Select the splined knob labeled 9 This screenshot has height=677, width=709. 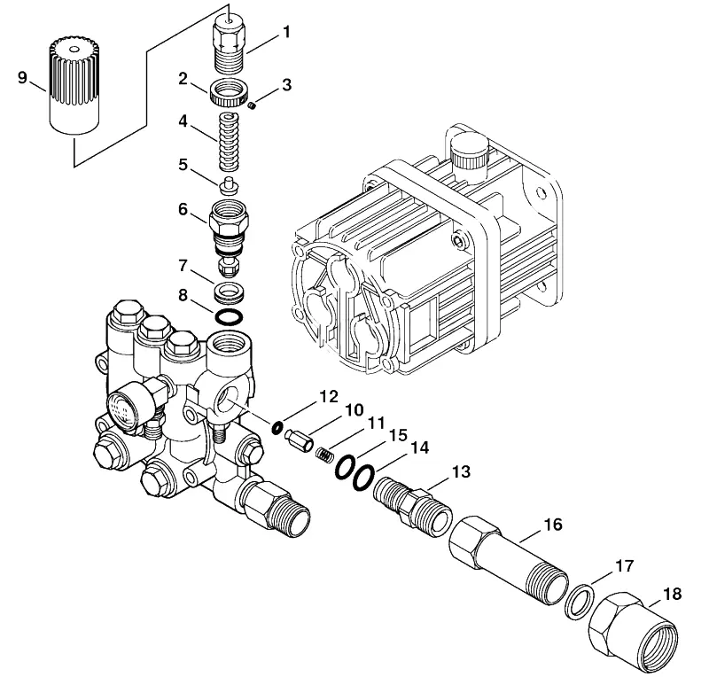click(74, 85)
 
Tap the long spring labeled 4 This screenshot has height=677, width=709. click(230, 142)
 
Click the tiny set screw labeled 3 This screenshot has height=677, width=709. click(253, 105)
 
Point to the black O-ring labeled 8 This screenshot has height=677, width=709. click(229, 318)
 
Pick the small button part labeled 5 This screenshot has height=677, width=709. click(229, 186)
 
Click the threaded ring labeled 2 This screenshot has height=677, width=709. click(230, 93)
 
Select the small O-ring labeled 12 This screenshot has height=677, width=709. click(277, 427)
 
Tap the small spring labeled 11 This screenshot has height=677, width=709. click(323, 455)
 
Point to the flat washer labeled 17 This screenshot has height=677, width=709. click(579, 603)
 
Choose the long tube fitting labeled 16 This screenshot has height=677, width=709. click(509, 560)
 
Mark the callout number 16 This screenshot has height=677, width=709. click(552, 525)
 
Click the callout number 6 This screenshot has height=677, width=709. click(183, 209)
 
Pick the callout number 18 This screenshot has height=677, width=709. click(672, 594)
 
